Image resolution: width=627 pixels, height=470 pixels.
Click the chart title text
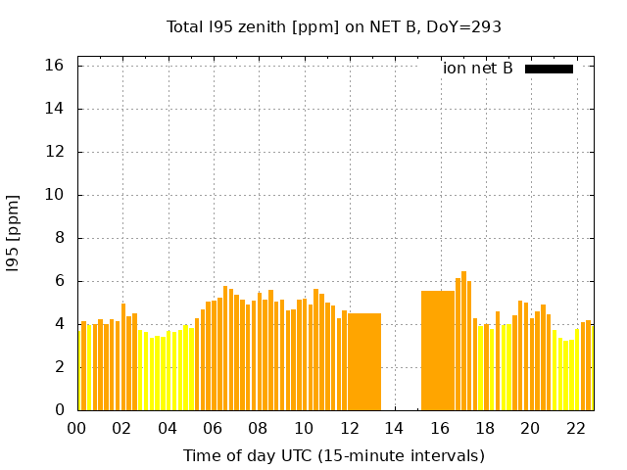click(x=334, y=27)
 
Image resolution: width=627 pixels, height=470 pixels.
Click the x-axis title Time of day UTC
click(x=334, y=455)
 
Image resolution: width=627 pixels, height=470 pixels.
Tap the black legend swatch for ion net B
click(x=549, y=69)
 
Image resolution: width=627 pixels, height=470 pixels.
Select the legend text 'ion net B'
click(x=477, y=69)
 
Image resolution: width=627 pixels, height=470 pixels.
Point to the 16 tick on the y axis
click(x=55, y=66)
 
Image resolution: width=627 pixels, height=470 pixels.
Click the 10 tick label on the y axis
click(x=55, y=195)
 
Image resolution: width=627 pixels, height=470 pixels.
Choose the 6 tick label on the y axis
click(x=59, y=281)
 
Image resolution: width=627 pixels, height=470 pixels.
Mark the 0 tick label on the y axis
click(x=59, y=410)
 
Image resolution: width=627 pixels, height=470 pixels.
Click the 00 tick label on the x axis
click(x=77, y=428)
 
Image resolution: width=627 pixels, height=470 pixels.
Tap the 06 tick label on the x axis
click(x=213, y=428)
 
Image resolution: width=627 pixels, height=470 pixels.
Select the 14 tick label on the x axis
click(x=394, y=428)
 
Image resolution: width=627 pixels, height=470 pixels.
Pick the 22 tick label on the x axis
click(x=575, y=428)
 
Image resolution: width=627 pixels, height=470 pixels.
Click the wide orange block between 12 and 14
click(x=364, y=362)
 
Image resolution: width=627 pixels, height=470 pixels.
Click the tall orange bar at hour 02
click(x=123, y=357)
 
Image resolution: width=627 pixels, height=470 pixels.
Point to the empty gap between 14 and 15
click(x=402, y=362)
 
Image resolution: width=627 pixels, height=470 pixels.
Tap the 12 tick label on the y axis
click(x=55, y=152)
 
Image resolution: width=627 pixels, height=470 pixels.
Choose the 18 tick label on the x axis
click(x=485, y=428)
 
